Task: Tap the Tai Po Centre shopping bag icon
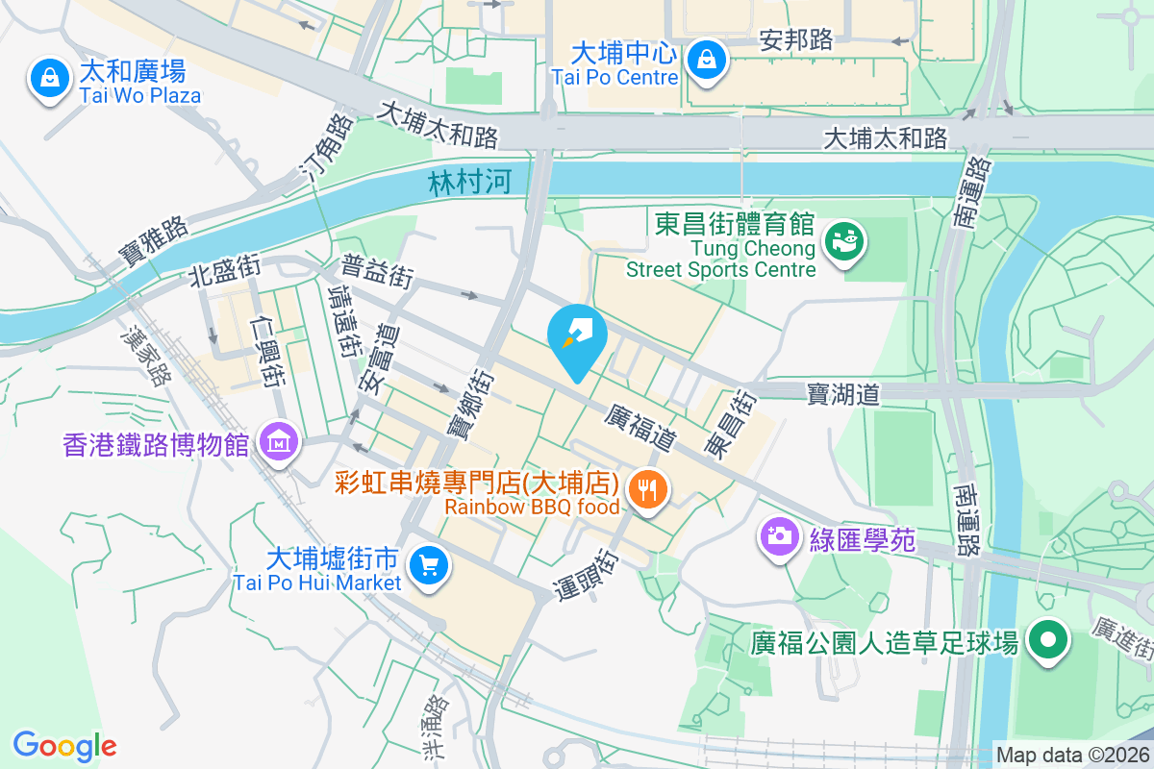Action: pos(707,61)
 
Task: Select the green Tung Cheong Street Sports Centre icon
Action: pos(845,240)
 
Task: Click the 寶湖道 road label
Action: pos(843,393)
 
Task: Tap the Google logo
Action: pos(64,745)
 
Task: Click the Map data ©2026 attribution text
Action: pos(1071,756)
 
